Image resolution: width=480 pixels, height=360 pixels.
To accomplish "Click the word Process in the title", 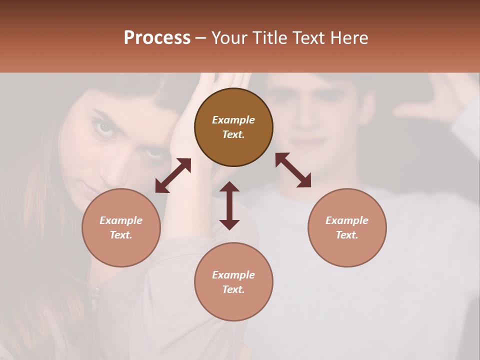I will pos(157,38).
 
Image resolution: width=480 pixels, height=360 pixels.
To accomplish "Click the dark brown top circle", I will pos(233,127).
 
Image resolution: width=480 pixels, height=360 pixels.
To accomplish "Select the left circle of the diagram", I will pos(121,227).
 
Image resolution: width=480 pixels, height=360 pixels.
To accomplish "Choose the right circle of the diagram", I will pos(347,227).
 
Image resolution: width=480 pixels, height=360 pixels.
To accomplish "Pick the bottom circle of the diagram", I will pos(233,282).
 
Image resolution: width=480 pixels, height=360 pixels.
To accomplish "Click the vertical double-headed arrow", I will pos(229,205).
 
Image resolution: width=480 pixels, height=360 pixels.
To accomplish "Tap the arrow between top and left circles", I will pos(173,175).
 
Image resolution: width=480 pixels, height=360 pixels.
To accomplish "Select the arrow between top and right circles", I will pos(293,170).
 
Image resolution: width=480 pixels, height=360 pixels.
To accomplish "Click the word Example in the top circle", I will pos(233,120).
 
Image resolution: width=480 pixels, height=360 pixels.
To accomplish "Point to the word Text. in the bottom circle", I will pos(233,289).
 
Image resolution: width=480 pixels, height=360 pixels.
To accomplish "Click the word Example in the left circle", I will pos(121,220).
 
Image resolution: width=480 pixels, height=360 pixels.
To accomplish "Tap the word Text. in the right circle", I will pos(347,235).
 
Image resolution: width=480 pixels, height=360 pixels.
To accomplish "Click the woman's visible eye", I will pos(105,127).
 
